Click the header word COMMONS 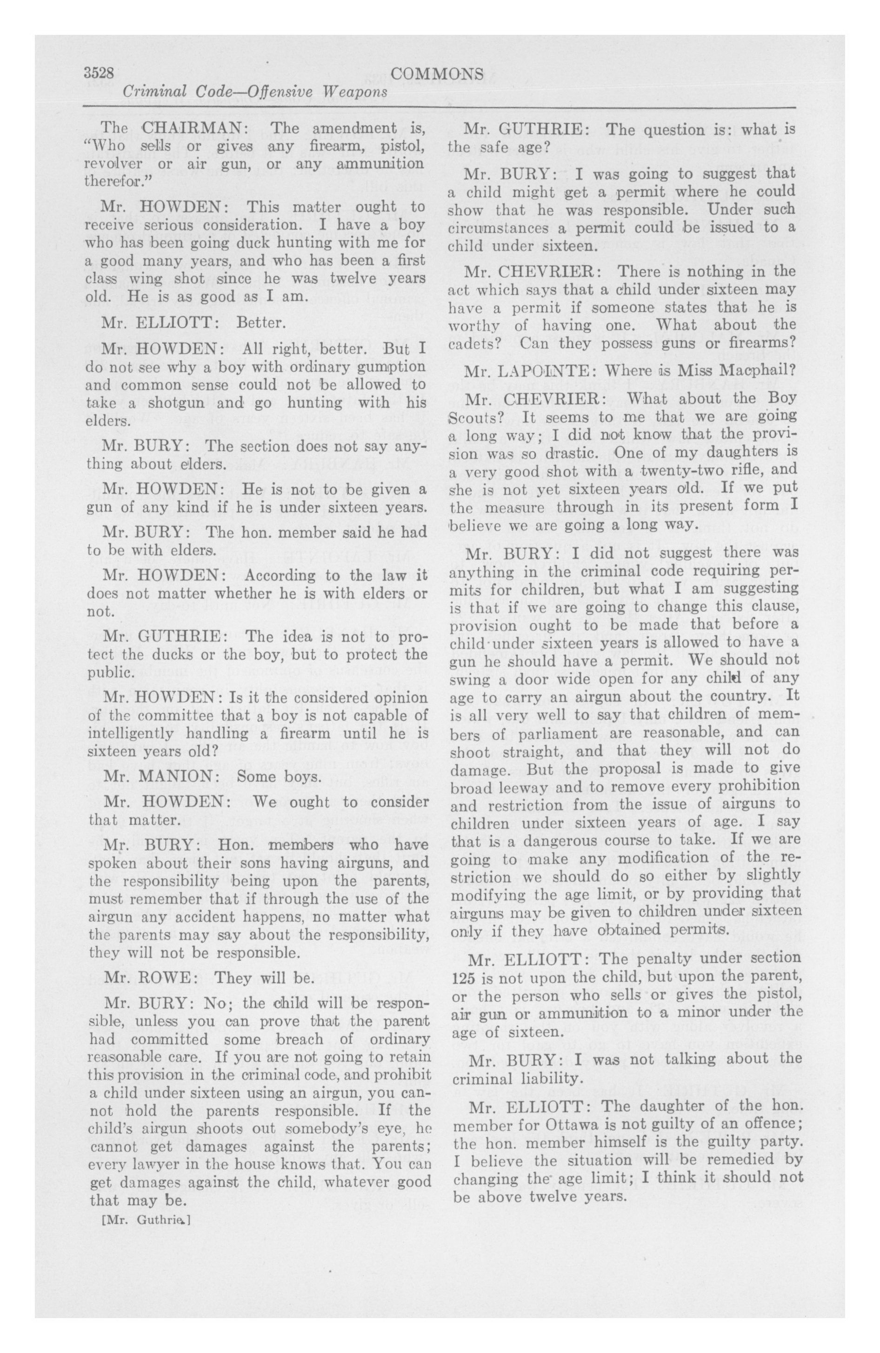click(437, 74)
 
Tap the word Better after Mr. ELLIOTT click(260, 323)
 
